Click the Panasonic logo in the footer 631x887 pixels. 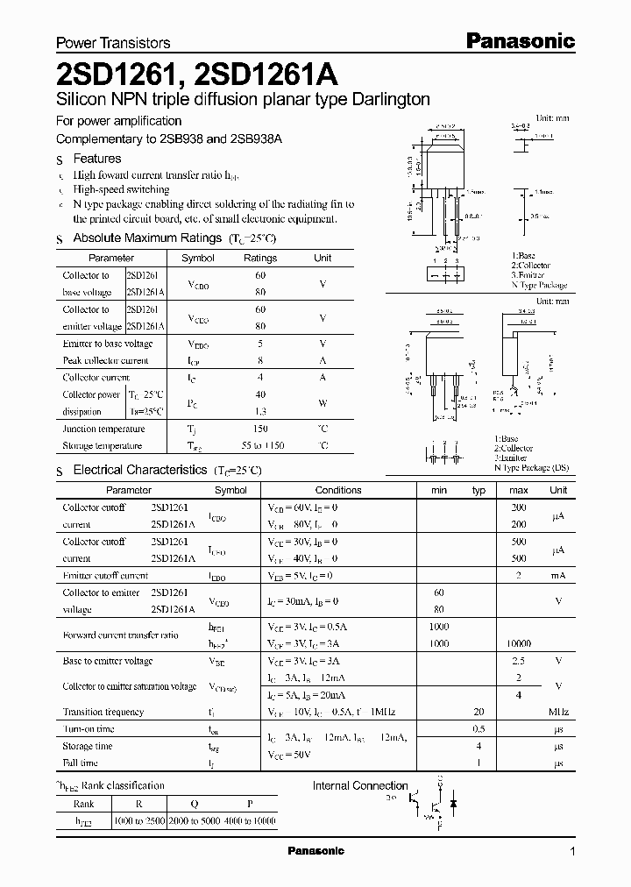click(316, 851)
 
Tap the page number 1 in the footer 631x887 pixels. click(572, 852)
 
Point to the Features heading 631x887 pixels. click(97, 159)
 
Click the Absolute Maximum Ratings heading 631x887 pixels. click(147, 238)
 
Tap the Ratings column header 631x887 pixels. click(259, 258)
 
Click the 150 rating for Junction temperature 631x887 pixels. click(260, 429)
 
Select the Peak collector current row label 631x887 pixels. click(106, 360)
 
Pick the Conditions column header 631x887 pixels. click(338, 490)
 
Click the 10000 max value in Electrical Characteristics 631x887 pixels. click(518, 643)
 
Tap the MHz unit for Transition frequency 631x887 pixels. click(558, 713)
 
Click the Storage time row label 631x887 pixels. click(88, 746)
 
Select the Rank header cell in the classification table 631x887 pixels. click(84, 803)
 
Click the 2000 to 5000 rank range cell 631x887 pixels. click(192, 820)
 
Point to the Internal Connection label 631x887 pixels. click(360, 785)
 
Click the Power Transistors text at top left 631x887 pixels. click(113, 42)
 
